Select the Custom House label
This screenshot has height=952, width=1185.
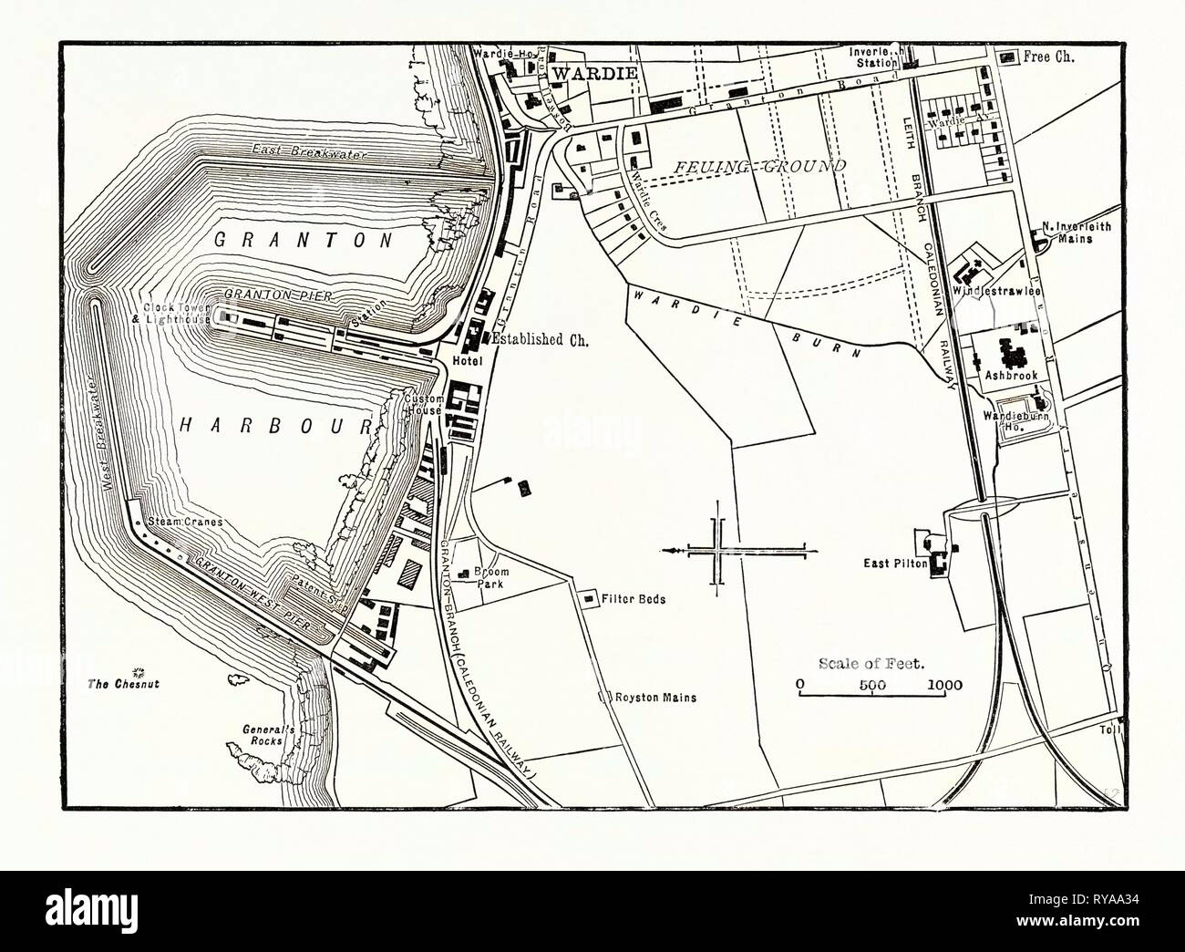pyautogui.click(x=425, y=404)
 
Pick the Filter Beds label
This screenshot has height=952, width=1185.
pyautogui.click(x=634, y=600)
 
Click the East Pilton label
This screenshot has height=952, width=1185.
pyautogui.click(x=895, y=564)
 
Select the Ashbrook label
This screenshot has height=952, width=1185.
pyautogui.click(x=1007, y=374)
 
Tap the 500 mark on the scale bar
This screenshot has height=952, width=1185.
pyautogui.click(x=872, y=685)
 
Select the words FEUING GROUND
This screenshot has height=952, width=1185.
pyautogui.click(x=761, y=166)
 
